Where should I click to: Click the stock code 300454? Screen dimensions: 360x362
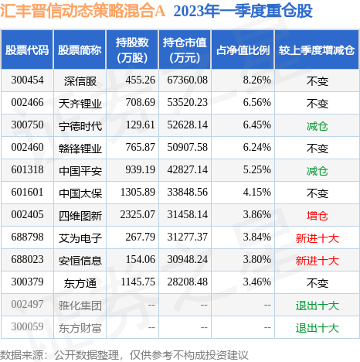(27, 80)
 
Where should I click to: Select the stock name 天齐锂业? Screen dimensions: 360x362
(80, 104)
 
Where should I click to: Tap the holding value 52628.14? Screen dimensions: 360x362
(187, 125)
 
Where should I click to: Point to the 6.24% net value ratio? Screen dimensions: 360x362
(256, 148)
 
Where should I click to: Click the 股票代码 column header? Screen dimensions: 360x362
(27, 50)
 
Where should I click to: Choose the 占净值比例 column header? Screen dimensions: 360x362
(243, 50)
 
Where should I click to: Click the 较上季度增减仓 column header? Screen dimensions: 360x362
(317, 50)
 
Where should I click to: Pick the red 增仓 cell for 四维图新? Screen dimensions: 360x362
(318, 216)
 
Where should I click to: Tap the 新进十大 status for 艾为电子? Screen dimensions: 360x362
(318, 238)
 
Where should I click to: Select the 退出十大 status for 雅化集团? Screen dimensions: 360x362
(318, 306)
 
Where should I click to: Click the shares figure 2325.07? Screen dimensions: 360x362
(138, 215)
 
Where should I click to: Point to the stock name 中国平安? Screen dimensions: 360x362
(80, 171)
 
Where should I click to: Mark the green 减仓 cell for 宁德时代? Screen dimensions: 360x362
(318, 126)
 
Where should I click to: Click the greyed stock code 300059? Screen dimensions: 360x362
(27, 327)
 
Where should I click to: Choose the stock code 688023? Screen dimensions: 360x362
(27, 260)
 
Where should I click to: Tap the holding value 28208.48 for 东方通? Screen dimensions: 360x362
(187, 282)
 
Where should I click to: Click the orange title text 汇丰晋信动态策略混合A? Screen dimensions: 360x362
(83, 11)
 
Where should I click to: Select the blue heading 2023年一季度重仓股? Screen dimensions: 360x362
(243, 11)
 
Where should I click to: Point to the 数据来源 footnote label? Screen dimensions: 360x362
(21, 355)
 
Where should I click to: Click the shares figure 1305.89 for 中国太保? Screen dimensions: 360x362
(138, 193)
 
